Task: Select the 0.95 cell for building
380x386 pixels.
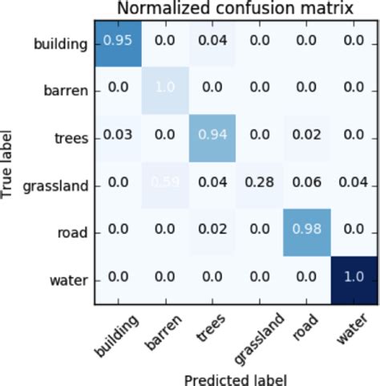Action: [119, 43]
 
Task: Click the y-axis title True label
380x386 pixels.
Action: [10, 160]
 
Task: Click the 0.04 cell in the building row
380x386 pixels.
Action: [211, 43]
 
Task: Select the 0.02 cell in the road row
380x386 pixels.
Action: [211, 232]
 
